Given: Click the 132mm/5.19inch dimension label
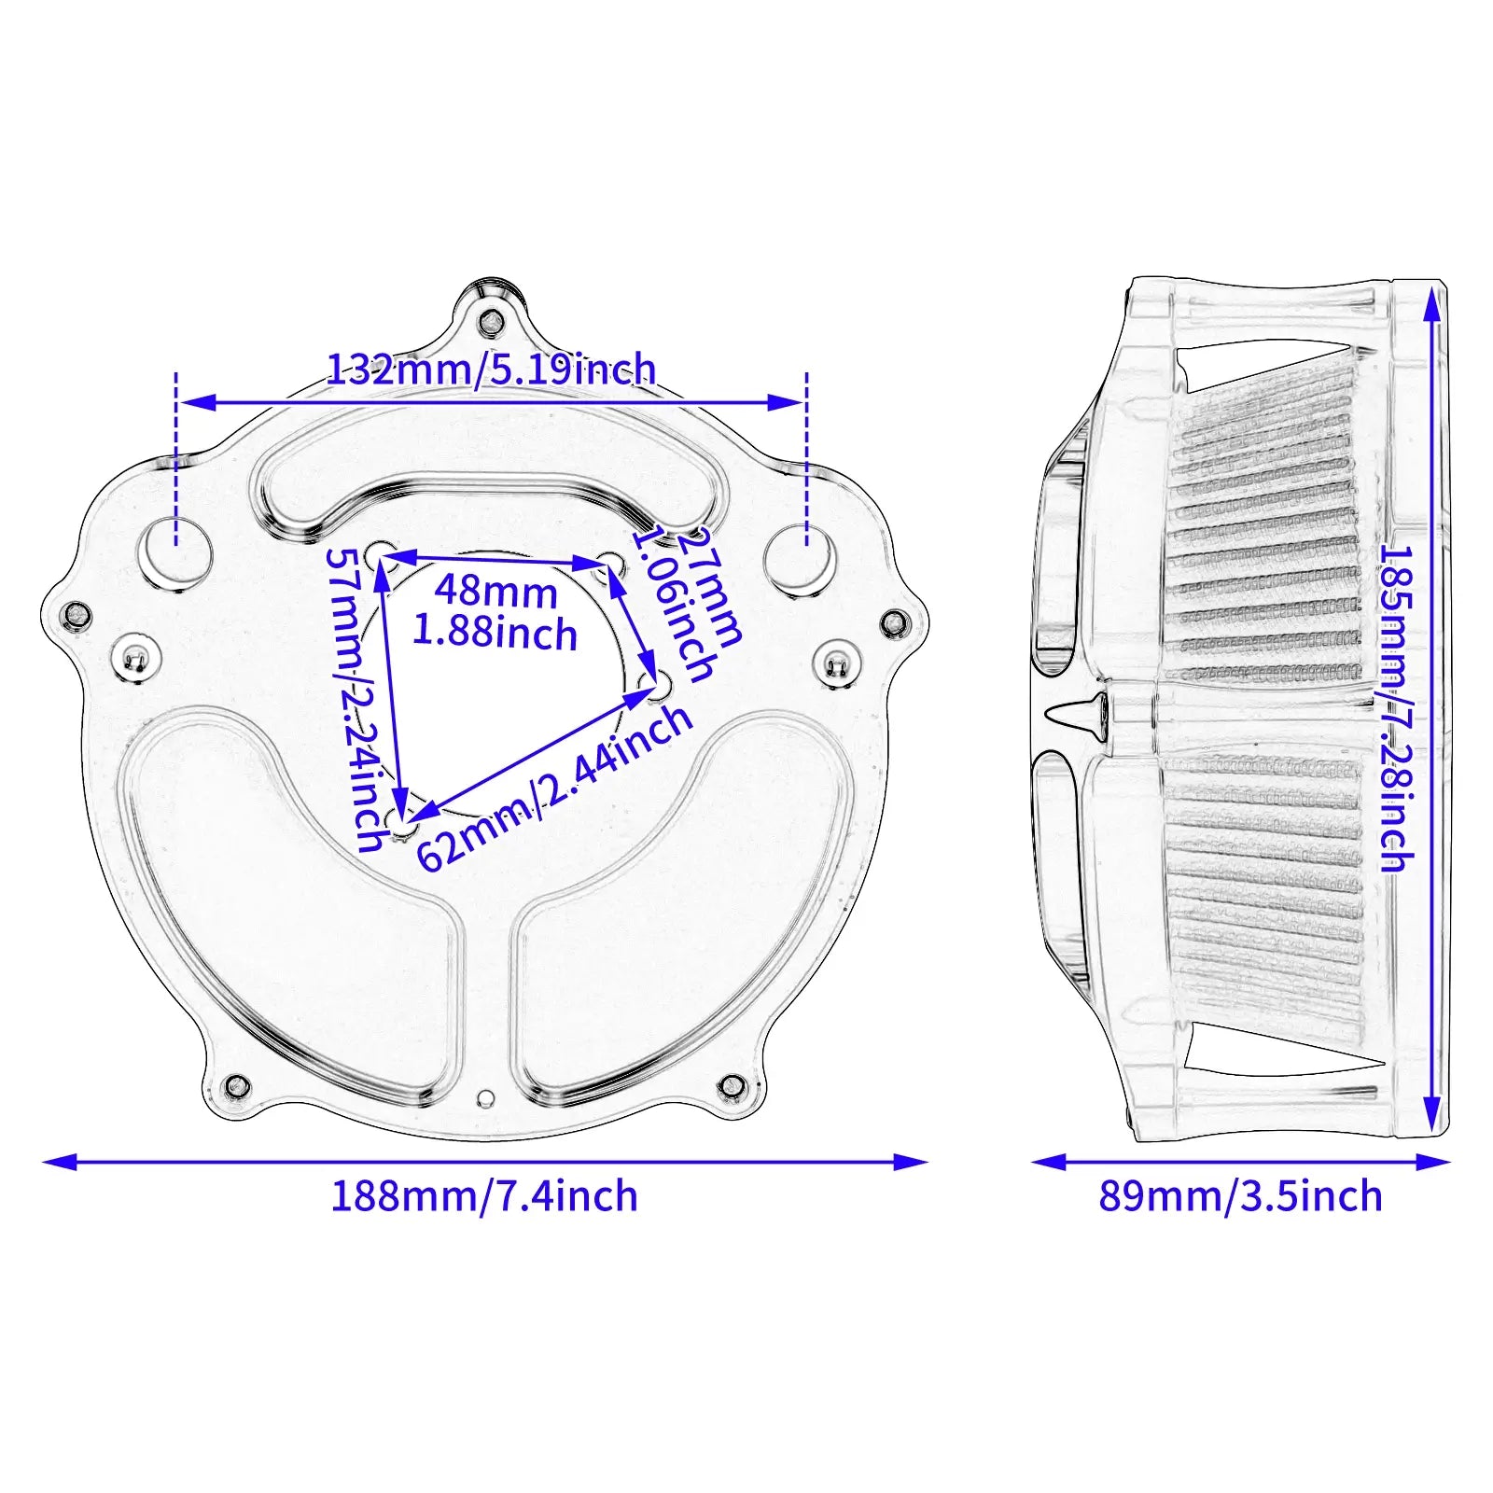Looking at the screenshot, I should point(492,370).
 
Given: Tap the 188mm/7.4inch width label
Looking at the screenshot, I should point(484,1197).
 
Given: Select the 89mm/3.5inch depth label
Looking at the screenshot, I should point(1240,1197).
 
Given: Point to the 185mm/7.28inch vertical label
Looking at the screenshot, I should point(1396,709).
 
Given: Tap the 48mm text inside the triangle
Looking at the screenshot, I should point(495,592).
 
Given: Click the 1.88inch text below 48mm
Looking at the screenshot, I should point(495,634).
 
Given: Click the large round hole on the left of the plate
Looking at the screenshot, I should point(174,555).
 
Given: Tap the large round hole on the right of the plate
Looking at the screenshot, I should point(800,558).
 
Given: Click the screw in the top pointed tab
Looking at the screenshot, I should point(489,323).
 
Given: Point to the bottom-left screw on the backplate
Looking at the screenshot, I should point(237,1086).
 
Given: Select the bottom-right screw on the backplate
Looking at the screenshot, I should point(733,1087).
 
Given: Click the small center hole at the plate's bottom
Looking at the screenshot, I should point(484,1097).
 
